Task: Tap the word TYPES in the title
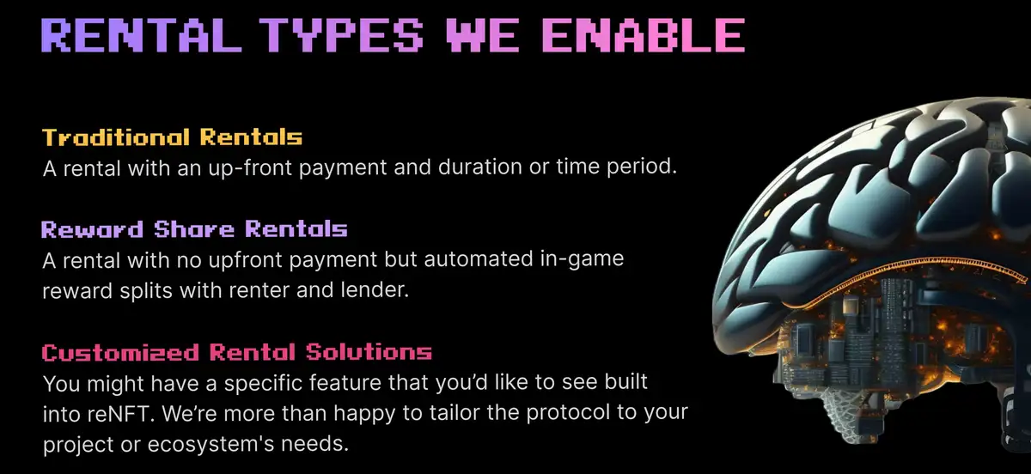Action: pyautogui.click(x=330, y=35)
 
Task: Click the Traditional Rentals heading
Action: pyautogui.click(x=172, y=137)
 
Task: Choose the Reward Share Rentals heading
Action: pyautogui.click(x=194, y=229)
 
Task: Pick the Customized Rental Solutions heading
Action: pyautogui.click(x=236, y=352)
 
